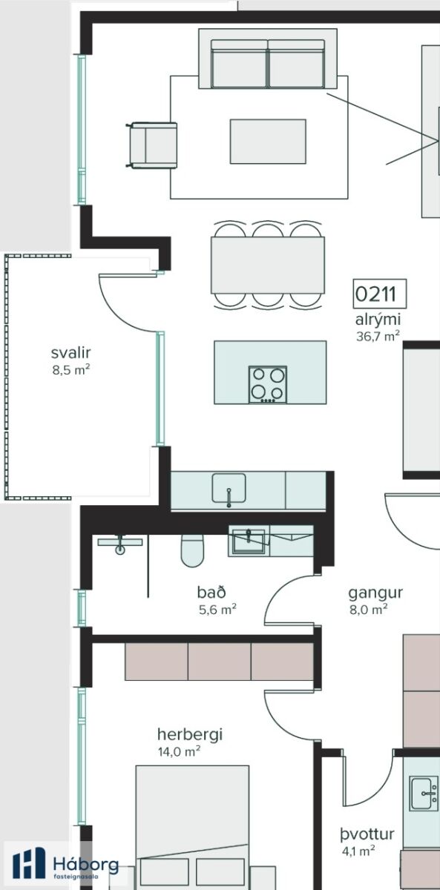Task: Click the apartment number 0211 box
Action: pyautogui.click(x=380, y=294)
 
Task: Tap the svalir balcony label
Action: pyautogui.click(x=70, y=352)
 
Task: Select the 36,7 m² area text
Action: pyautogui.click(x=378, y=336)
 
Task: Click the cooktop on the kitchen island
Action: pyautogui.click(x=268, y=384)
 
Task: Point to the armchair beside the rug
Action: pyautogui.click(x=152, y=145)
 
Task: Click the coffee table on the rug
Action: pyautogui.click(x=268, y=142)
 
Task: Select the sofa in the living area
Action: pyautogui.click(x=268, y=59)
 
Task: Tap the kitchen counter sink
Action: pyautogui.click(x=229, y=489)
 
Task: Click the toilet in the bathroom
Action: pyautogui.click(x=192, y=550)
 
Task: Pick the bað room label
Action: pyautogui.click(x=211, y=592)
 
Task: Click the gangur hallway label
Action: pyautogui.click(x=375, y=593)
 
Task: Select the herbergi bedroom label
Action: pyautogui.click(x=190, y=734)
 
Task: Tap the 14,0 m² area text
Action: pyautogui.click(x=179, y=751)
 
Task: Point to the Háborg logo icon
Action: pyautogui.click(x=29, y=863)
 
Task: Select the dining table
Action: pyautogui.click(x=268, y=265)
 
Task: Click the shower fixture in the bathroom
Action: pyautogui.click(x=119, y=544)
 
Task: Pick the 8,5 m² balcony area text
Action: pyautogui.click(x=70, y=370)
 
